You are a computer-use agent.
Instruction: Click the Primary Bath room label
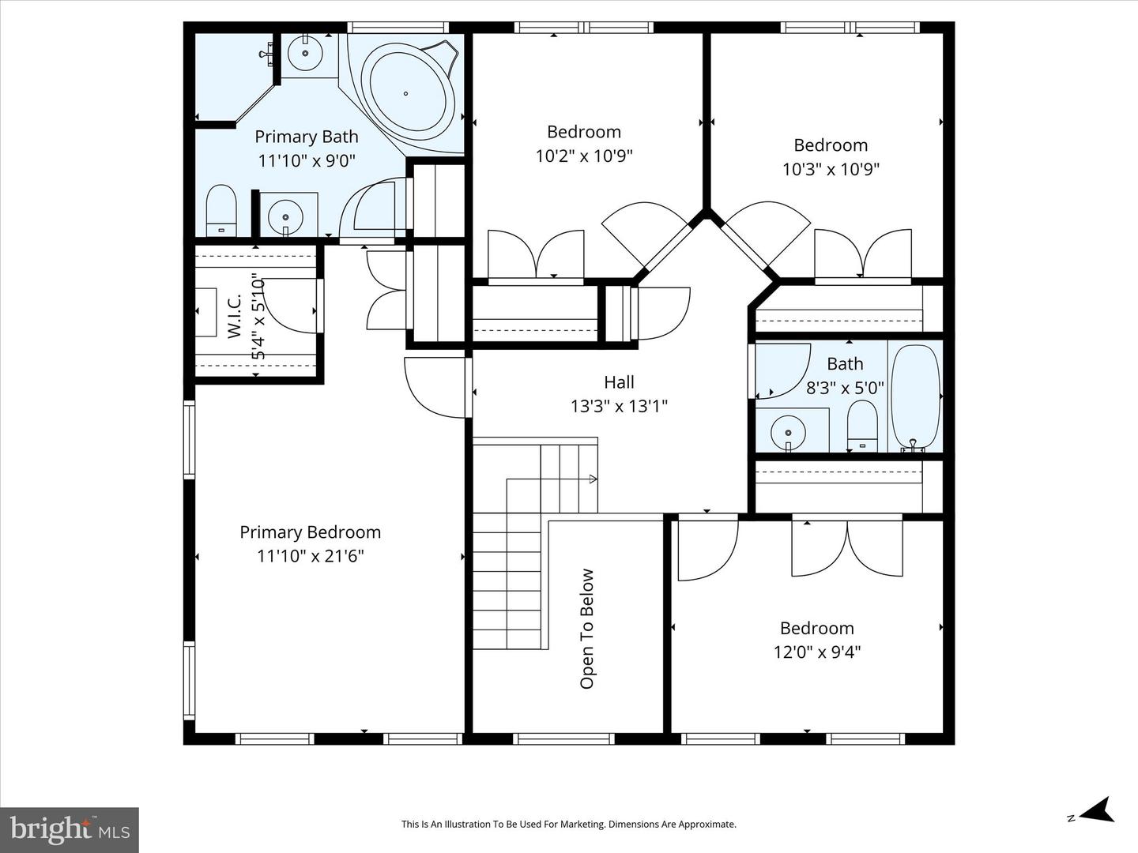(x=306, y=137)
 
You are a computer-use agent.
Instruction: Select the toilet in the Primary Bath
(x=221, y=210)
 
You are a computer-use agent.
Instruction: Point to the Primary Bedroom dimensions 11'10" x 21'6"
(x=310, y=556)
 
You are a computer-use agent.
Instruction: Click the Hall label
(x=619, y=382)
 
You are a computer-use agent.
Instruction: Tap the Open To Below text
(x=587, y=629)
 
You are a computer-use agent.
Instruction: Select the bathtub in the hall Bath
(x=915, y=398)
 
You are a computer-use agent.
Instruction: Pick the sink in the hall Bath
(x=788, y=432)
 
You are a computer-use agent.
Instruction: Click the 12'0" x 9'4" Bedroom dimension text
(x=816, y=652)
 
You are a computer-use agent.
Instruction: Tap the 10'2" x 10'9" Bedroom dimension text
(x=584, y=156)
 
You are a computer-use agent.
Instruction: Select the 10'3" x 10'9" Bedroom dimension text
(x=831, y=169)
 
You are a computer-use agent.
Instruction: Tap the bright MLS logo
(x=70, y=829)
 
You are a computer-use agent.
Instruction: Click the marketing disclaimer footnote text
(x=568, y=825)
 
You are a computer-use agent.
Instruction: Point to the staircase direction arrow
(x=591, y=479)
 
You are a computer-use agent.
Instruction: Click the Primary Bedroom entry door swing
(x=435, y=387)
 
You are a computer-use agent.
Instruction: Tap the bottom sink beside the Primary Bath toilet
(x=284, y=214)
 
